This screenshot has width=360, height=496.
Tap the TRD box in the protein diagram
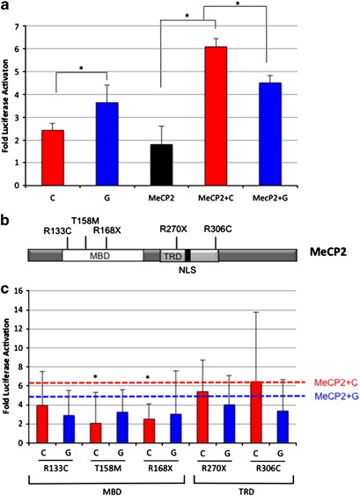pyautogui.click(x=171, y=256)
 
